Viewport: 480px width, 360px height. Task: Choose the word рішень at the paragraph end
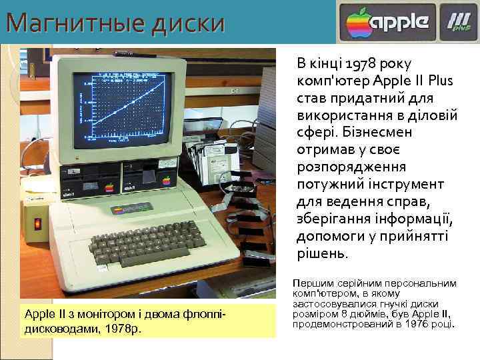[x=321, y=254]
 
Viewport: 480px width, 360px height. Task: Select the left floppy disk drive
[x=89, y=179]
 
